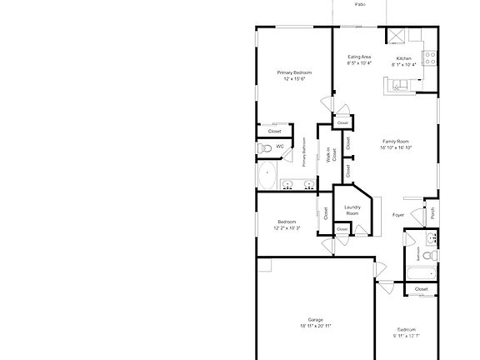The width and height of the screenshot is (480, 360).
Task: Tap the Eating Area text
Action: click(x=359, y=57)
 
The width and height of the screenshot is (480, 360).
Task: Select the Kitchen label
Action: click(x=404, y=58)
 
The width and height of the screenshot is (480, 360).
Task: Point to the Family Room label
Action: click(x=397, y=141)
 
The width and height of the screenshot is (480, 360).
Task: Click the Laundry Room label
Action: click(x=352, y=210)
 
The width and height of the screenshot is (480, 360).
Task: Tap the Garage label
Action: click(x=316, y=320)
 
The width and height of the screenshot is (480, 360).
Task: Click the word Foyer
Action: click(x=398, y=215)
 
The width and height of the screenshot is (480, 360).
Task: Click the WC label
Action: click(x=280, y=147)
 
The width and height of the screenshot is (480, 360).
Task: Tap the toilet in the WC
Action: click(x=264, y=148)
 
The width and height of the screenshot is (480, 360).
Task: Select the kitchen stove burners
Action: click(x=432, y=58)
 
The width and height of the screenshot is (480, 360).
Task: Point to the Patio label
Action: click(x=360, y=4)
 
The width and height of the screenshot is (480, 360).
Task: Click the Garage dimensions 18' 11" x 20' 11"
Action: click(x=316, y=327)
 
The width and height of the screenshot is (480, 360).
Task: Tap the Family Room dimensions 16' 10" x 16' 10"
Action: click(x=397, y=147)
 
